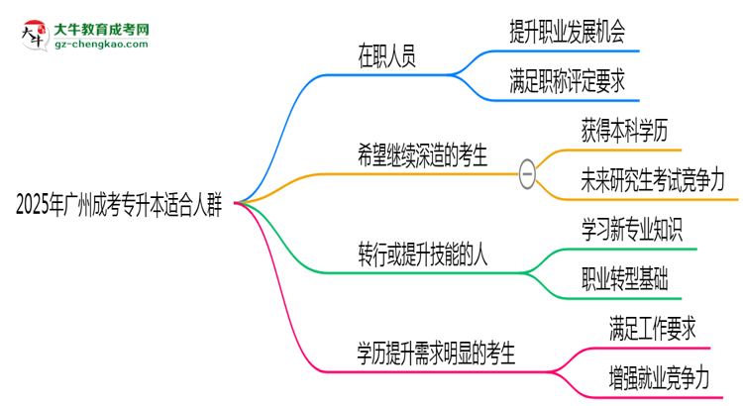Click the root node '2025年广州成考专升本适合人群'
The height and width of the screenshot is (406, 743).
click(x=119, y=206)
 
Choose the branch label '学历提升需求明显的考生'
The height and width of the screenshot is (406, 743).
click(x=436, y=351)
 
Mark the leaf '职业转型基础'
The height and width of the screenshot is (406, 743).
click(x=623, y=278)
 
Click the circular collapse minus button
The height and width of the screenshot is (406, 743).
click(x=527, y=174)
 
